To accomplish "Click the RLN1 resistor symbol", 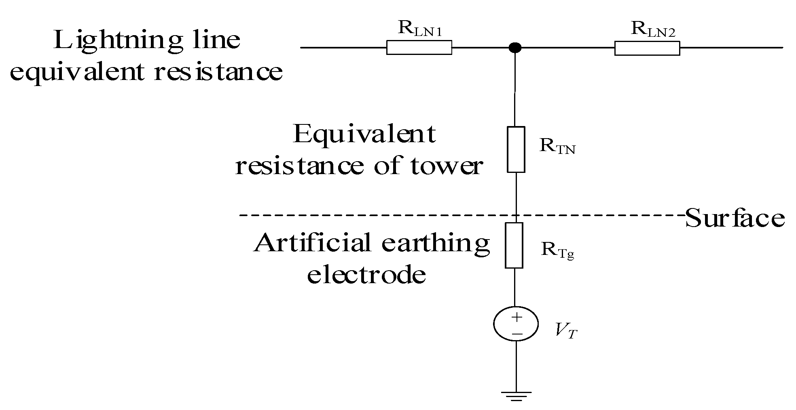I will coord(419,48).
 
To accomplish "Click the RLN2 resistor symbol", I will coord(647,48).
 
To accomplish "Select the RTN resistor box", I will coord(516,149).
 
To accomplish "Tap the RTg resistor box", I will coord(514,245).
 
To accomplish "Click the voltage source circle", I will coord(516,324).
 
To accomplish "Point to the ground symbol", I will coord(516,395).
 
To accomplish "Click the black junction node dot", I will coord(515,48).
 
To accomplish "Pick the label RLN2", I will coord(653,29).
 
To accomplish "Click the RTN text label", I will coord(557,147).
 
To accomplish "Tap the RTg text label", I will coord(558,251).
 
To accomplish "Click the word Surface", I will coord(735,218).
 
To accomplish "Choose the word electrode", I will coord(366,275).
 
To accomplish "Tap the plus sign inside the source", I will coord(517,317).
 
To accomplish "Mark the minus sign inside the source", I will coord(517,334).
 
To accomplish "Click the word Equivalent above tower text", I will coord(364,134).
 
